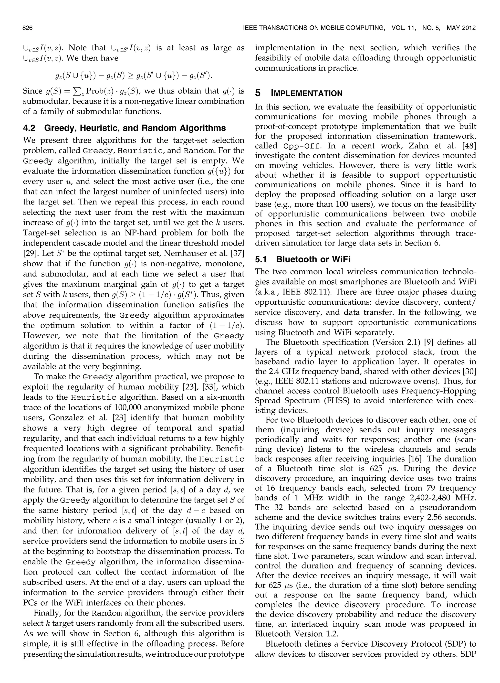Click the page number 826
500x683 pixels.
coord(28,28)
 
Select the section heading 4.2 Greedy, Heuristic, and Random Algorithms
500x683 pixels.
coord(125,128)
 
